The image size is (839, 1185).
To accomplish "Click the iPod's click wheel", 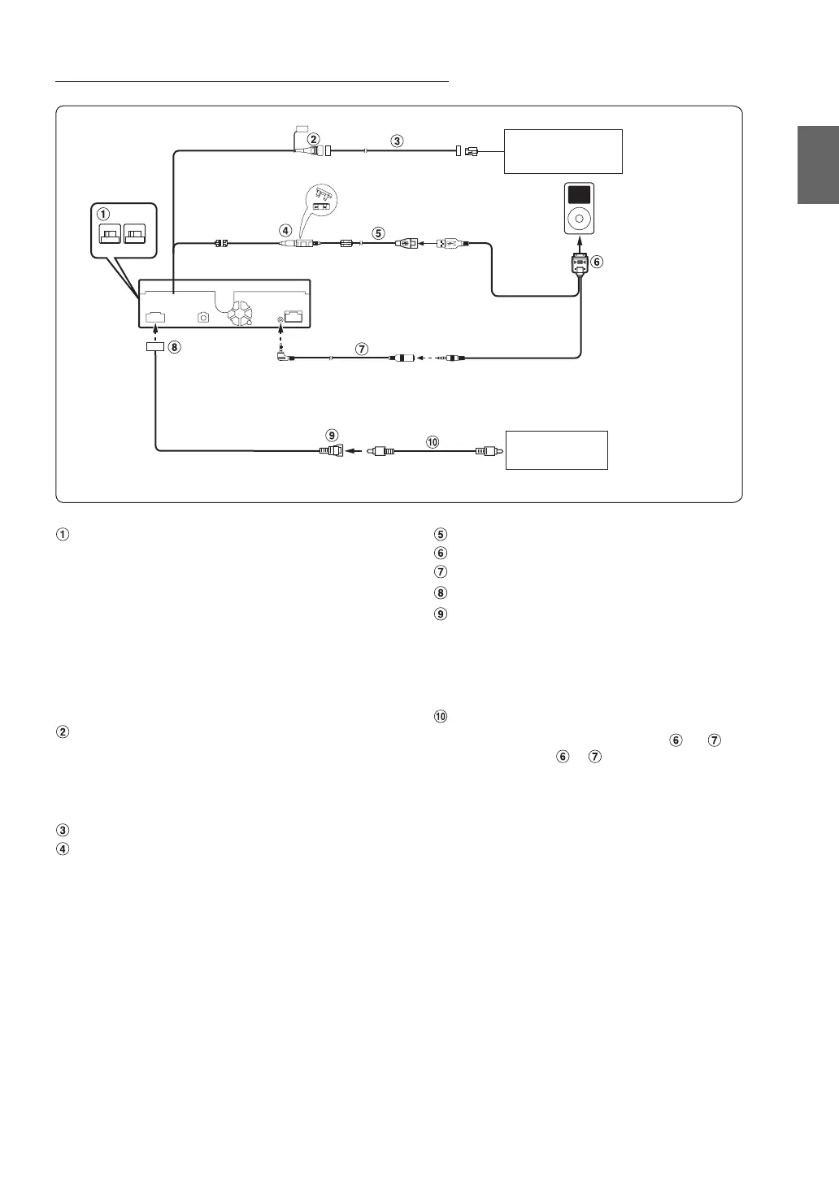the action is (580, 218).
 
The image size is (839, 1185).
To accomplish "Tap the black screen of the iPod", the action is (580, 194).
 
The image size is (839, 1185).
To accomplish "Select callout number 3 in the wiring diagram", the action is (397, 141).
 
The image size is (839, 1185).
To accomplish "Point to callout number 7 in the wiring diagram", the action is (362, 349).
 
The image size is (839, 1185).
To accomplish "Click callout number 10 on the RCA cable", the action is (432, 441).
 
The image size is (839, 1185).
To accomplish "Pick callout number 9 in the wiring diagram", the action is (333, 435).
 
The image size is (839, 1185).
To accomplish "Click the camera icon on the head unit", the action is (204, 316).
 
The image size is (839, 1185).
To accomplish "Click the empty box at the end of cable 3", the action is (563, 151).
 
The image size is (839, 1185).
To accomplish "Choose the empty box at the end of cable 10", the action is (557, 450).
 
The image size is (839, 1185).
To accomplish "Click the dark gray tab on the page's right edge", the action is (817, 166).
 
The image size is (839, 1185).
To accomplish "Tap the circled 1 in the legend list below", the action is (63, 535).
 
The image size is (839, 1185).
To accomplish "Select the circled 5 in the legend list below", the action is (441, 535).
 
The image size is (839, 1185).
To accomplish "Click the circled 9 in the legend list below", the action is (441, 614).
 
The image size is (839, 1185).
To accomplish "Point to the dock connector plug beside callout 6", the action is (579, 264).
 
